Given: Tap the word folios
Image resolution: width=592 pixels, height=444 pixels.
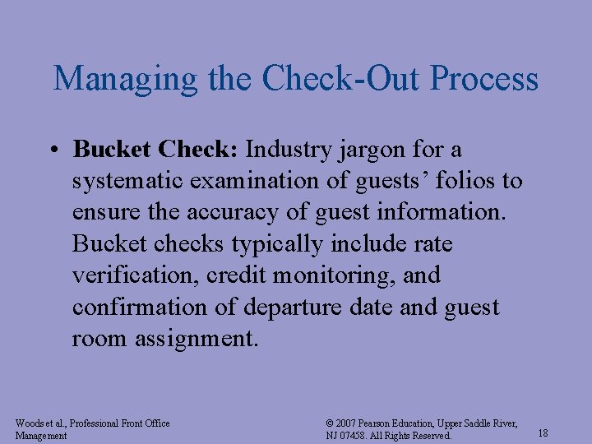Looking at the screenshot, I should click(x=460, y=181).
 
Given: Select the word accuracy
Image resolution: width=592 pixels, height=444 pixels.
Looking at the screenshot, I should click(x=222, y=212).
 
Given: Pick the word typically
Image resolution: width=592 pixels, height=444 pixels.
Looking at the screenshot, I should click(x=277, y=244).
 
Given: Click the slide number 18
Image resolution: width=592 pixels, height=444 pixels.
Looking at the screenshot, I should click(x=543, y=432).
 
